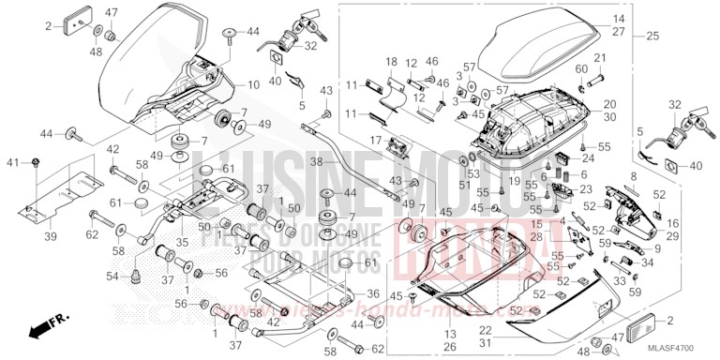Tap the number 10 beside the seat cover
click(254, 84)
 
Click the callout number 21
click(601, 58)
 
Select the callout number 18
click(393, 61)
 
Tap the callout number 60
click(580, 68)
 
